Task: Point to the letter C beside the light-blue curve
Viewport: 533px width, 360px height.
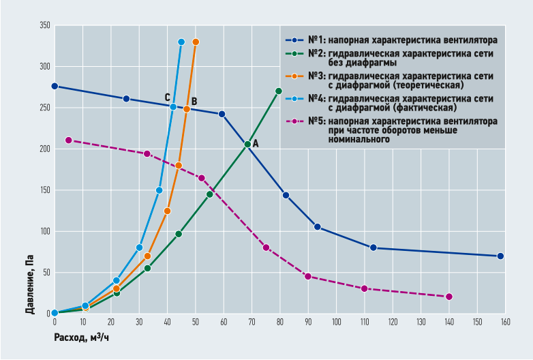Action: pyautogui.click(x=167, y=97)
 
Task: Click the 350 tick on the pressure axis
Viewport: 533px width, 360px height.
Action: pyautogui.click(x=45, y=26)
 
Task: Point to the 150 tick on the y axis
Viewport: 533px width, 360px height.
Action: pyautogui.click(x=45, y=190)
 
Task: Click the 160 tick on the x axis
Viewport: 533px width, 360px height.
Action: pyautogui.click(x=505, y=322)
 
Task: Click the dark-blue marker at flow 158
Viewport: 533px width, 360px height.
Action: pyautogui.click(x=500, y=256)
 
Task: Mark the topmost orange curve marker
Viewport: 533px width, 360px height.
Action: pyautogui.click(x=196, y=42)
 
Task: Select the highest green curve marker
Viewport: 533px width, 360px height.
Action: pyautogui.click(x=278, y=91)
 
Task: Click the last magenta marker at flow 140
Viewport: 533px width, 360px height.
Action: pyautogui.click(x=449, y=297)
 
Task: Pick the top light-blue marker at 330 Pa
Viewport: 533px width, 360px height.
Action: pyautogui.click(x=181, y=42)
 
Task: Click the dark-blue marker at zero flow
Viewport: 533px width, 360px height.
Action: pyautogui.click(x=55, y=87)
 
